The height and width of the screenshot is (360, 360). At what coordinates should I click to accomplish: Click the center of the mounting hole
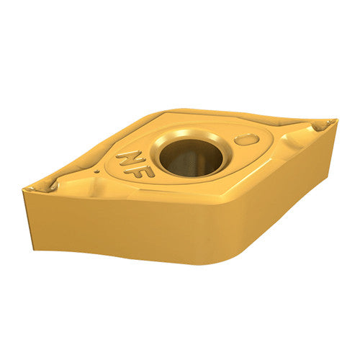tap(191, 156)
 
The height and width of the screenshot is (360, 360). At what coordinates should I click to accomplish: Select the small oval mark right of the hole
tap(247, 140)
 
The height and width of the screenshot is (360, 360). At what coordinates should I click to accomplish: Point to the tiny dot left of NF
tap(97, 172)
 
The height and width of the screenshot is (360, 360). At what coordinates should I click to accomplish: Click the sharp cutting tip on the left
tap(27, 188)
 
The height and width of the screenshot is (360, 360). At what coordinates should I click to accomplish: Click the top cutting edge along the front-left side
tap(137, 196)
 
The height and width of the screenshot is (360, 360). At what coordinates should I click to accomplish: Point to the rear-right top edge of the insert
tap(252, 114)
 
